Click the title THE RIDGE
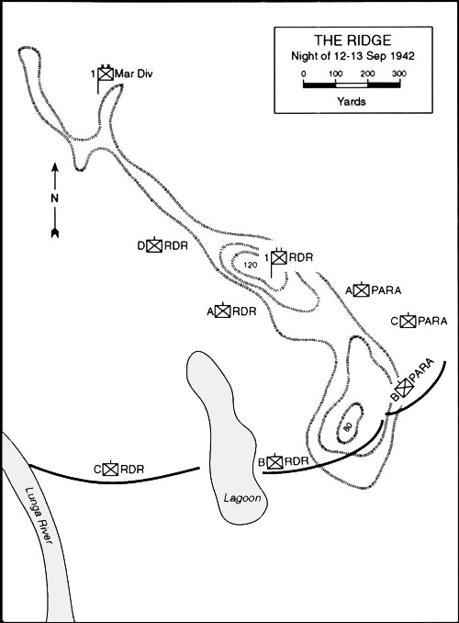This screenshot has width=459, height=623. click(x=353, y=40)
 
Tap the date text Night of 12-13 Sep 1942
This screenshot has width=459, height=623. click(x=353, y=56)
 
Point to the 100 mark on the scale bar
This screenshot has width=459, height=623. click(x=335, y=74)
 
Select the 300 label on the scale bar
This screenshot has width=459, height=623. click(x=399, y=74)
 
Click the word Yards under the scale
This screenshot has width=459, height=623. click(x=352, y=101)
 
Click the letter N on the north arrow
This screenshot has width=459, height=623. click(x=54, y=198)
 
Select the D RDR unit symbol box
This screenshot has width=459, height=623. click(x=154, y=246)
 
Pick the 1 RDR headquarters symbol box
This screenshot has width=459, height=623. click(x=279, y=257)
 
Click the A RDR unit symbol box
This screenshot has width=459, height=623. click(x=223, y=311)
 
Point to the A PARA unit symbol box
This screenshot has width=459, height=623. click(x=362, y=290)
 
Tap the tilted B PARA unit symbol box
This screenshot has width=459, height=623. click(x=404, y=388)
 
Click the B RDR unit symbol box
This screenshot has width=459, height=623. click(x=274, y=461)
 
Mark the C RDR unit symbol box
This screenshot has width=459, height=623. click(x=110, y=470)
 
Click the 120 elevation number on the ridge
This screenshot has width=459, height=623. click(x=250, y=266)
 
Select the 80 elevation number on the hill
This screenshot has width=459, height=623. click(x=347, y=427)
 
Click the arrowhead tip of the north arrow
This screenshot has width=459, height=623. click(x=55, y=164)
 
